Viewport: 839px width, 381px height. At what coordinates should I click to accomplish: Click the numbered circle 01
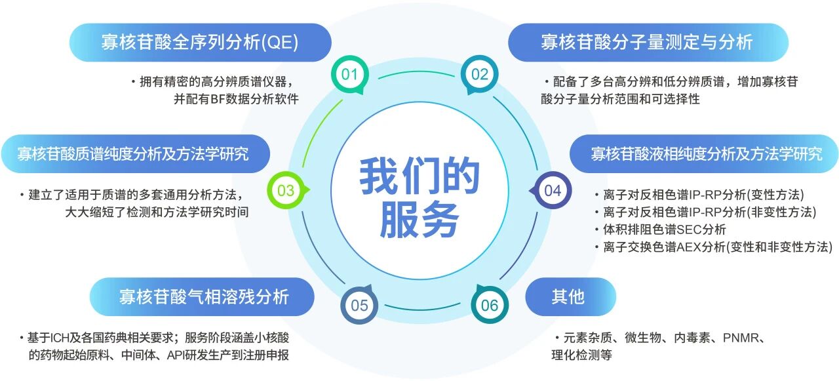tap(349, 74)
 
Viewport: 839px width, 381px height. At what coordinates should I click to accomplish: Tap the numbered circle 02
tap(479, 74)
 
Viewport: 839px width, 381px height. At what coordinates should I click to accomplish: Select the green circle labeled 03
tap(286, 190)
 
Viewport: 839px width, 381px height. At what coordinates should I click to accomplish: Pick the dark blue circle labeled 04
tap(553, 190)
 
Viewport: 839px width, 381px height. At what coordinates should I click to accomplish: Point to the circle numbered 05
tap(359, 306)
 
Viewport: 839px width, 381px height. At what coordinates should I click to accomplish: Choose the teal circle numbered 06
tap(490, 306)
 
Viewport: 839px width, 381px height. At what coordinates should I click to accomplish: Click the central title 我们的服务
tap(419, 197)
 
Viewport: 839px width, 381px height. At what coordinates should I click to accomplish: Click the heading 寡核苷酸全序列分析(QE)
tap(200, 42)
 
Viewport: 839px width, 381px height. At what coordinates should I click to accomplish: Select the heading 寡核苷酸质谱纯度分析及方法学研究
tap(133, 153)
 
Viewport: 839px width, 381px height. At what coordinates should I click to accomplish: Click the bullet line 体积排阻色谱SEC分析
tap(660, 230)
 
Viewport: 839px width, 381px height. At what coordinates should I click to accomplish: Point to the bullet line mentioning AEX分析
tap(714, 247)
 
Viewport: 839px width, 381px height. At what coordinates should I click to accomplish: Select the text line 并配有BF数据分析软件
tap(236, 99)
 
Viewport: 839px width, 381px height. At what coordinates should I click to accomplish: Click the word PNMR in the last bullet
tap(741, 338)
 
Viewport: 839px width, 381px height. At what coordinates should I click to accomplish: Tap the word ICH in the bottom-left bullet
tap(60, 338)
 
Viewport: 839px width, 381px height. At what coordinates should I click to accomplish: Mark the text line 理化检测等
tap(581, 355)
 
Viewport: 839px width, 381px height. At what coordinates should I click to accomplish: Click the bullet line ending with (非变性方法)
tap(706, 212)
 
